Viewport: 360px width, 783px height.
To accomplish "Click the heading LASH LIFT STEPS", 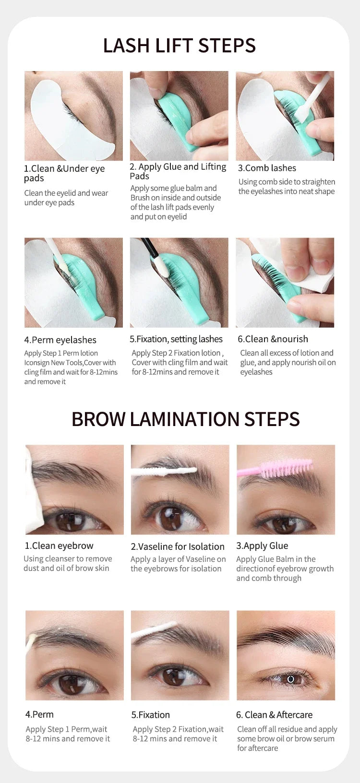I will pyautogui.click(x=180, y=46).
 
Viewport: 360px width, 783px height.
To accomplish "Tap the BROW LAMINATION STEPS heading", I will pyautogui.click(x=185, y=419).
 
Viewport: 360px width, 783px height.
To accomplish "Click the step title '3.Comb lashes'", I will pyautogui.click(x=267, y=168).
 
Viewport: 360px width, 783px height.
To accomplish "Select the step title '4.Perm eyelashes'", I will pyautogui.click(x=60, y=340).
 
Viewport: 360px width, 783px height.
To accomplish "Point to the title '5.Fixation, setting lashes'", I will pyautogui.click(x=176, y=339).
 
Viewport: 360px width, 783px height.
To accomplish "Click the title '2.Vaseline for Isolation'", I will pyautogui.click(x=178, y=546).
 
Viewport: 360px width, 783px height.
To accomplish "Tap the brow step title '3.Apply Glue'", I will pyautogui.click(x=262, y=546).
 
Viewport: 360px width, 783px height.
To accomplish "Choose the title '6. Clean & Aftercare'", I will pyautogui.click(x=274, y=715).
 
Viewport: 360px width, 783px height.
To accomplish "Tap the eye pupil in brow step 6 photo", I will pyautogui.click(x=291, y=679).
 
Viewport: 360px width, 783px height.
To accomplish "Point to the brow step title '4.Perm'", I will pyautogui.click(x=39, y=714).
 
